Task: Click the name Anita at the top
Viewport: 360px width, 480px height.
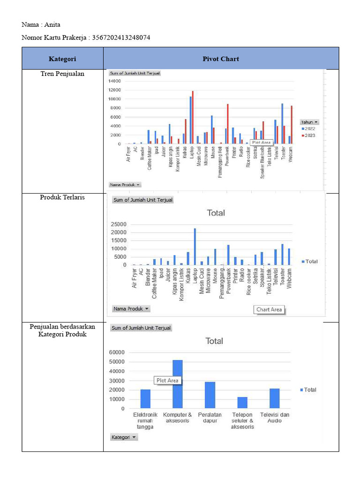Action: tap(52, 25)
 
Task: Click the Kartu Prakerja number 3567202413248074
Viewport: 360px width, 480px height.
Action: tap(121, 37)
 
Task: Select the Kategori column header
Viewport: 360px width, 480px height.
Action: tap(62, 59)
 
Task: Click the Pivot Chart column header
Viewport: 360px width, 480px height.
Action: tap(221, 59)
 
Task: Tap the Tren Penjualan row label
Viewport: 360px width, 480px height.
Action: tap(62, 74)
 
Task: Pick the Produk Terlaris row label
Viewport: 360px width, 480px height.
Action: tap(62, 197)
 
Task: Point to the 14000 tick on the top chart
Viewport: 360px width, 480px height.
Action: tap(115, 81)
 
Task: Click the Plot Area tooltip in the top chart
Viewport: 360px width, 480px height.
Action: tap(262, 142)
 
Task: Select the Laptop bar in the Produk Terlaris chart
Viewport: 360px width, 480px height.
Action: tap(195, 247)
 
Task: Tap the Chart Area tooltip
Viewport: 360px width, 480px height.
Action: tap(269, 309)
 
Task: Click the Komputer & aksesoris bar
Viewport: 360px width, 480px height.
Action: tap(178, 384)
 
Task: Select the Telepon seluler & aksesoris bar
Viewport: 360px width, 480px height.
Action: tap(242, 403)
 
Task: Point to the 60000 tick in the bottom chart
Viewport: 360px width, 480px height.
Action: tap(116, 352)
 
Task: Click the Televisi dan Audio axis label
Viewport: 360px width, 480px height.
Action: tap(275, 418)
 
